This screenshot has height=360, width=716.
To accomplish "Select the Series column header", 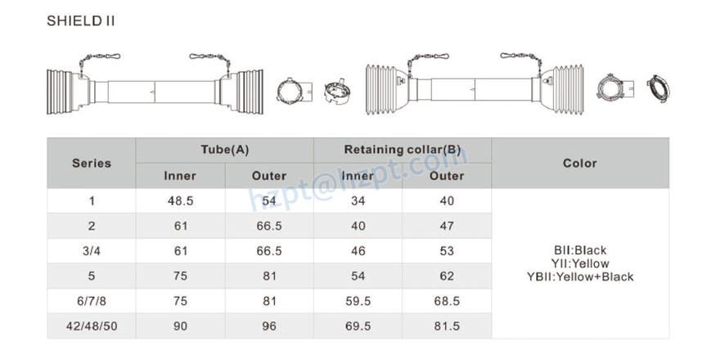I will pyautogui.click(x=91, y=163).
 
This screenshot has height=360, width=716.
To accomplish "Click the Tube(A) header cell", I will pyautogui.click(x=224, y=150).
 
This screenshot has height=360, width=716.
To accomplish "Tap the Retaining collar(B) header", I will pyautogui.click(x=402, y=150).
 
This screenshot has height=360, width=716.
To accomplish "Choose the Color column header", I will pyautogui.click(x=579, y=163).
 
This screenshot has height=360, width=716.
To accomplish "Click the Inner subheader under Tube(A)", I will pyautogui.click(x=180, y=176).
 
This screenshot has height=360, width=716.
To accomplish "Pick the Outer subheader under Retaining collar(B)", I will pyautogui.click(x=447, y=176).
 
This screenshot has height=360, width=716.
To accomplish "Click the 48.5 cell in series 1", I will pyautogui.click(x=180, y=201).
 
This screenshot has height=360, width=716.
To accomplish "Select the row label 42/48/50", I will pyautogui.click(x=91, y=326).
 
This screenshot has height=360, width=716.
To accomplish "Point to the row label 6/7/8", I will pyautogui.click(x=91, y=301).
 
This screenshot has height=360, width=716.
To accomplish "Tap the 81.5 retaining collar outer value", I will pyautogui.click(x=447, y=326).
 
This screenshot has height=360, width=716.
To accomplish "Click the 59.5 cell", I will pyautogui.click(x=358, y=301).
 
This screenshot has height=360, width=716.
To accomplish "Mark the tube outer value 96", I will pyautogui.click(x=268, y=326).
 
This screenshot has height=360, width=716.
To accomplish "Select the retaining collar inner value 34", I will pyautogui.click(x=358, y=201).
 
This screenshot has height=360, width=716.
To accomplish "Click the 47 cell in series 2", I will pyautogui.click(x=447, y=226).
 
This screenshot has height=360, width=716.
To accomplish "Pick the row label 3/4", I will pyautogui.click(x=91, y=251).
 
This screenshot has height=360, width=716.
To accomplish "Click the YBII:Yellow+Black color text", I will pyautogui.click(x=579, y=277).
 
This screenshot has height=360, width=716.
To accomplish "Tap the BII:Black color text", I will pyautogui.click(x=579, y=250).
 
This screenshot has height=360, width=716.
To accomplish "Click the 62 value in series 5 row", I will pyautogui.click(x=447, y=277).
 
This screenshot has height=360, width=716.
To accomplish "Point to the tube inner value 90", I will pyautogui.click(x=180, y=326).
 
